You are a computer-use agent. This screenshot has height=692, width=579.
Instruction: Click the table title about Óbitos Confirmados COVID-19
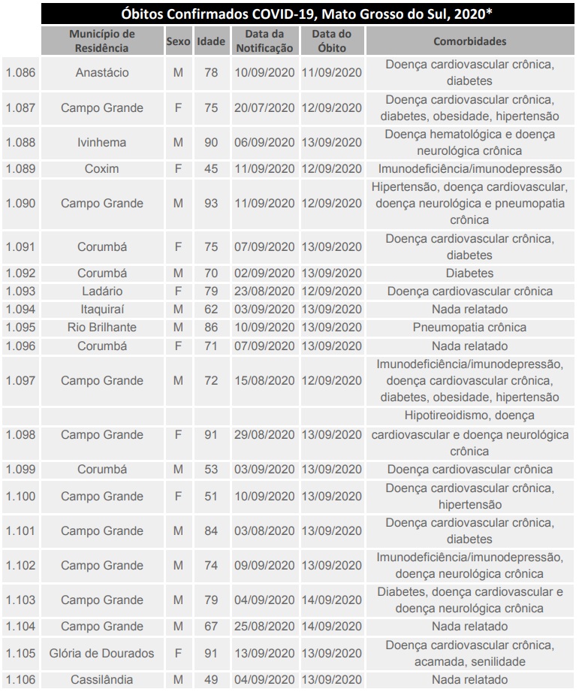(308, 14)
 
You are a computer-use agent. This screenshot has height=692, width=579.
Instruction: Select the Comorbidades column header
(469, 41)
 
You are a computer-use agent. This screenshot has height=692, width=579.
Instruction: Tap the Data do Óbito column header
(331, 41)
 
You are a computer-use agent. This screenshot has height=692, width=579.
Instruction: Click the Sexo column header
(178, 41)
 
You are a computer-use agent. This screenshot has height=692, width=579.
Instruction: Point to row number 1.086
(20, 73)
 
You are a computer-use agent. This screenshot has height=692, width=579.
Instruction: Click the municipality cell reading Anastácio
(102, 73)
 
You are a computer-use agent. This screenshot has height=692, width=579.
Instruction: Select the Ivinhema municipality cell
(102, 142)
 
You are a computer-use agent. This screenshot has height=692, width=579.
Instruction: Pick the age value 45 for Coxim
(211, 169)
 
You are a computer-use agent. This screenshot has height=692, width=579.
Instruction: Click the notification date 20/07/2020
(264, 107)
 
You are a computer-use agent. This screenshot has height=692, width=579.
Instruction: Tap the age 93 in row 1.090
(211, 204)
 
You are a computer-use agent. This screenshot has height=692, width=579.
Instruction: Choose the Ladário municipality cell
(102, 291)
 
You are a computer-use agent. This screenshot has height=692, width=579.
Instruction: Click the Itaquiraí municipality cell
(102, 309)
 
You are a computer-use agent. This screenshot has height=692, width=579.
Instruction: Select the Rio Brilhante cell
(102, 327)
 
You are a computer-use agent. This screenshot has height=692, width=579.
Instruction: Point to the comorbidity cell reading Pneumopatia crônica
(469, 327)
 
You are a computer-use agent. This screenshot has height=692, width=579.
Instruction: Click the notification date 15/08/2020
(264, 380)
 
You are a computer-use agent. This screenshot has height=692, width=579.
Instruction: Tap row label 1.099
(20, 470)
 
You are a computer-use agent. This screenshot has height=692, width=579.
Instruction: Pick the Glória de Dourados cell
(102, 653)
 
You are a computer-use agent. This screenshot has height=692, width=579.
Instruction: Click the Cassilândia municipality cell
(102, 680)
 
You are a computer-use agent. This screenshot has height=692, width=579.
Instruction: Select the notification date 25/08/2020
(264, 626)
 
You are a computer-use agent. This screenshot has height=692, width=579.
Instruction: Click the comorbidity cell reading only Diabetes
(469, 273)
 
